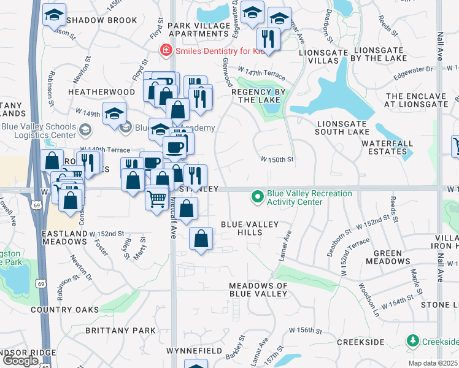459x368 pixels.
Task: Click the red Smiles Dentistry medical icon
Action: tap(164, 52)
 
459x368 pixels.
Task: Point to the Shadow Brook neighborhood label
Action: tap(102, 20)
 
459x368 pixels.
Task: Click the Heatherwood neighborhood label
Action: tap(101, 91)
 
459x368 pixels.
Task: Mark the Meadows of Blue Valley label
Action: tap(258, 289)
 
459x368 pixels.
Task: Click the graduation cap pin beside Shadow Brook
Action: tap(54, 14)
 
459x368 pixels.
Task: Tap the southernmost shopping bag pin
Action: tap(201, 238)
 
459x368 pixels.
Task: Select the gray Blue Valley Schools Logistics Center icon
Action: tap(85, 130)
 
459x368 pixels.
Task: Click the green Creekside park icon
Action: tap(413, 340)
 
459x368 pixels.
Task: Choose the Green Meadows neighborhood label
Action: tap(388, 257)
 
